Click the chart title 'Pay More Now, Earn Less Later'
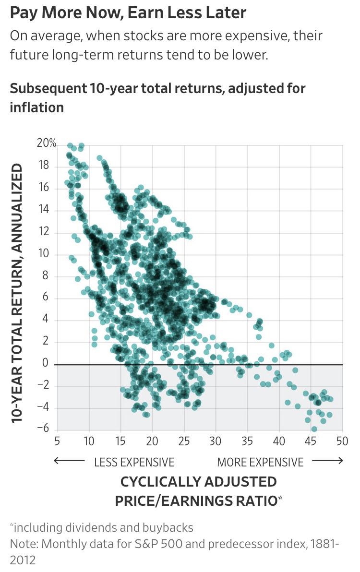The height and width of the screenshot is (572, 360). tap(128, 13)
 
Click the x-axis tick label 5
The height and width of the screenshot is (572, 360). tap(57, 441)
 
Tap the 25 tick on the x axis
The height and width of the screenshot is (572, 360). tap(184, 441)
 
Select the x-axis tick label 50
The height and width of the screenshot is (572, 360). tap(342, 441)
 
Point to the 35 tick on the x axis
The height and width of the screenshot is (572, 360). tap(247, 441)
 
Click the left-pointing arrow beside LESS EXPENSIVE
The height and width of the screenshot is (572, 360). tap(70, 462)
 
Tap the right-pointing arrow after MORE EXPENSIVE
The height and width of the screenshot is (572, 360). tap(327, 462)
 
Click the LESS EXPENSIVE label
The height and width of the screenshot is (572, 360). tap(134, 462)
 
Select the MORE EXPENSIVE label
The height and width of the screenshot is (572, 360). tap(260, 462)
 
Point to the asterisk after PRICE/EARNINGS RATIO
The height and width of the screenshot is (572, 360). tap(280, 499)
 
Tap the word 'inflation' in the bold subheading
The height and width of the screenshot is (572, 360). tap(37, 107)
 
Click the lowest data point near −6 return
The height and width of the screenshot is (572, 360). tap(314, 429)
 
